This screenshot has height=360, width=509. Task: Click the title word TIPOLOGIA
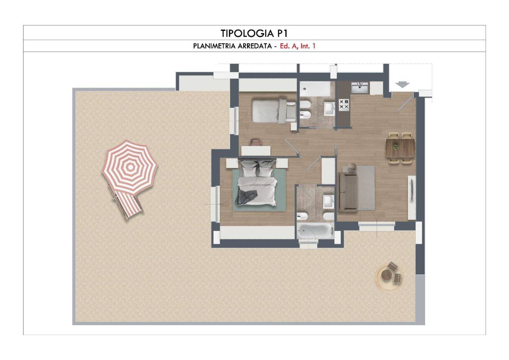[x=247, y=34]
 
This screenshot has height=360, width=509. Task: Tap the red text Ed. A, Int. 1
[x=297, y=46]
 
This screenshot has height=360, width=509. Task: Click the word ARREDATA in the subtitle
[x=255, y=46]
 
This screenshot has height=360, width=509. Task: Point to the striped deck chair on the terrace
[x=128, y=204]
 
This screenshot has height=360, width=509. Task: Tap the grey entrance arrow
[x=402, y=84]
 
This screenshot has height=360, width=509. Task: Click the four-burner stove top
[x=344, y=105]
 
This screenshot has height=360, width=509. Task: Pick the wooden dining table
[x=400, y=148]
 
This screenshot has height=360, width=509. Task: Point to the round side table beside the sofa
[x=352, y=167]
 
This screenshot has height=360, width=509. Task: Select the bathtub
[x=315, y=231]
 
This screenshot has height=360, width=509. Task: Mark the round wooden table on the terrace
[x=386, y=276]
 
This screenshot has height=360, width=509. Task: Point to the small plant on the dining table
[x=396, y=147]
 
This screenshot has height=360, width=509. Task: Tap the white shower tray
[x=315, y=89]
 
